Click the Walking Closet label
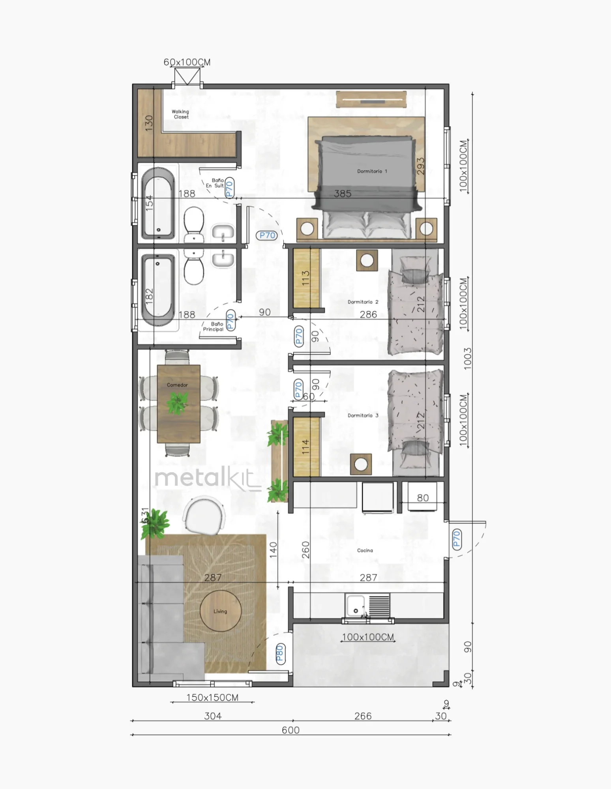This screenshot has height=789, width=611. (x=180, y=114)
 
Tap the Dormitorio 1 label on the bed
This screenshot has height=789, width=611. (x=372, y=171)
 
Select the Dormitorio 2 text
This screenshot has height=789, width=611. (x=363, y=302)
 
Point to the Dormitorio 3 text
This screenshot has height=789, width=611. (x=363, y=415)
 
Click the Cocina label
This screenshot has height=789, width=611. (x=365, y=550)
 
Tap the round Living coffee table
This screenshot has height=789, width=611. (x=220, y=611)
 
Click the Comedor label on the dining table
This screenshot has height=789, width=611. (x=177, y=385)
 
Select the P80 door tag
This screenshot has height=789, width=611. (x=280, y=653)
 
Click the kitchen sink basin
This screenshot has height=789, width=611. (x=355, y=606)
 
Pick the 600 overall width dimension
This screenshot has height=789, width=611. (x=291, y=730)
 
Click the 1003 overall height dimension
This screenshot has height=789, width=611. (x=467, y=358)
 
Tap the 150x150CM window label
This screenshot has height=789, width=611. (x=212, y=697)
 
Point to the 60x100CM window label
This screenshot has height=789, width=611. (x=187, y=62)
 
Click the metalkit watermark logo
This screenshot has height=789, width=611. (x=208, y=479)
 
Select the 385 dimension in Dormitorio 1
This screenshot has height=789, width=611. (x=342, y=193)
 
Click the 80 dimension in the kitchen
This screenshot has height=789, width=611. (x=423, y=498)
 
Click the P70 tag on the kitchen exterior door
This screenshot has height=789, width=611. (x=457, y=539)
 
